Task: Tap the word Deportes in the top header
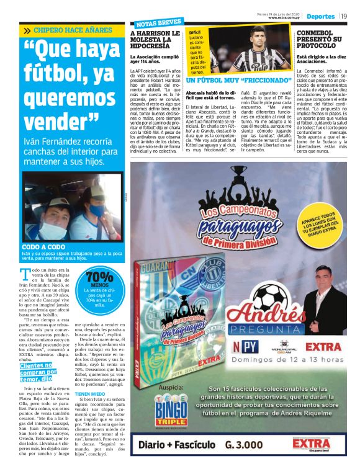[x=320, y=16]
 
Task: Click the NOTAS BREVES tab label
[x=150, y=23]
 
